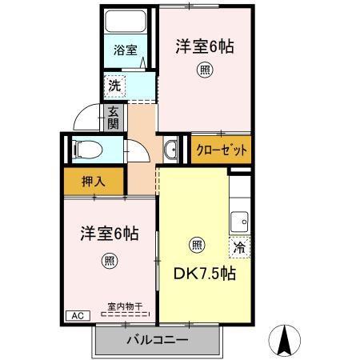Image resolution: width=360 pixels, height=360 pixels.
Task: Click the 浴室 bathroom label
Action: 126,50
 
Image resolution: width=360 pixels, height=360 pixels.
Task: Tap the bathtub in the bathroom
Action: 126,22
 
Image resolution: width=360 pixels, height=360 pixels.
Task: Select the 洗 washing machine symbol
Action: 114,86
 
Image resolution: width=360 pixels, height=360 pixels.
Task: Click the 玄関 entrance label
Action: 113,118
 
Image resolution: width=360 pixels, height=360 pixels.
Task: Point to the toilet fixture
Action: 88,150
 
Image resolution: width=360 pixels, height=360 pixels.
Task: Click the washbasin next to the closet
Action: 170,150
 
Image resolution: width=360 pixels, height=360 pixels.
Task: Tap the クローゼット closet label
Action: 222,150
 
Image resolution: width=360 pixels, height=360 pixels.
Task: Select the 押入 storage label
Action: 94,182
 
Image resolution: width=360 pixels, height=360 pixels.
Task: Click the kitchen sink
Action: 239,222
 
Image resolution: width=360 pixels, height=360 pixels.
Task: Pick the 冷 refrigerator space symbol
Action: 239,247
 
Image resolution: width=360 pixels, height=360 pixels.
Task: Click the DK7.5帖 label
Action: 205,273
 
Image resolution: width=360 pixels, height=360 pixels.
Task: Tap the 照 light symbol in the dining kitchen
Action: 197,245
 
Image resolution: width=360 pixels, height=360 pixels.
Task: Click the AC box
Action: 78,316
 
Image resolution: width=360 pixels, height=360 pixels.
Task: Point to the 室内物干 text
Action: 126,306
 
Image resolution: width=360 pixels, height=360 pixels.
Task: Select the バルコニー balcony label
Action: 158,340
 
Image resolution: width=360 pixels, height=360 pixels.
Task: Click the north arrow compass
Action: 284,341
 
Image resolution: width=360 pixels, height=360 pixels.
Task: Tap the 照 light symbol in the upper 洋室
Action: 205,70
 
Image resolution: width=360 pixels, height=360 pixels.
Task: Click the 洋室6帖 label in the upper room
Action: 205,46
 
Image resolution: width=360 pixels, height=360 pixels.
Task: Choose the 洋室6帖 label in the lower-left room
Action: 110,234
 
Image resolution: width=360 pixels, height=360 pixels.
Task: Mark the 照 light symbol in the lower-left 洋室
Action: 110,261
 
